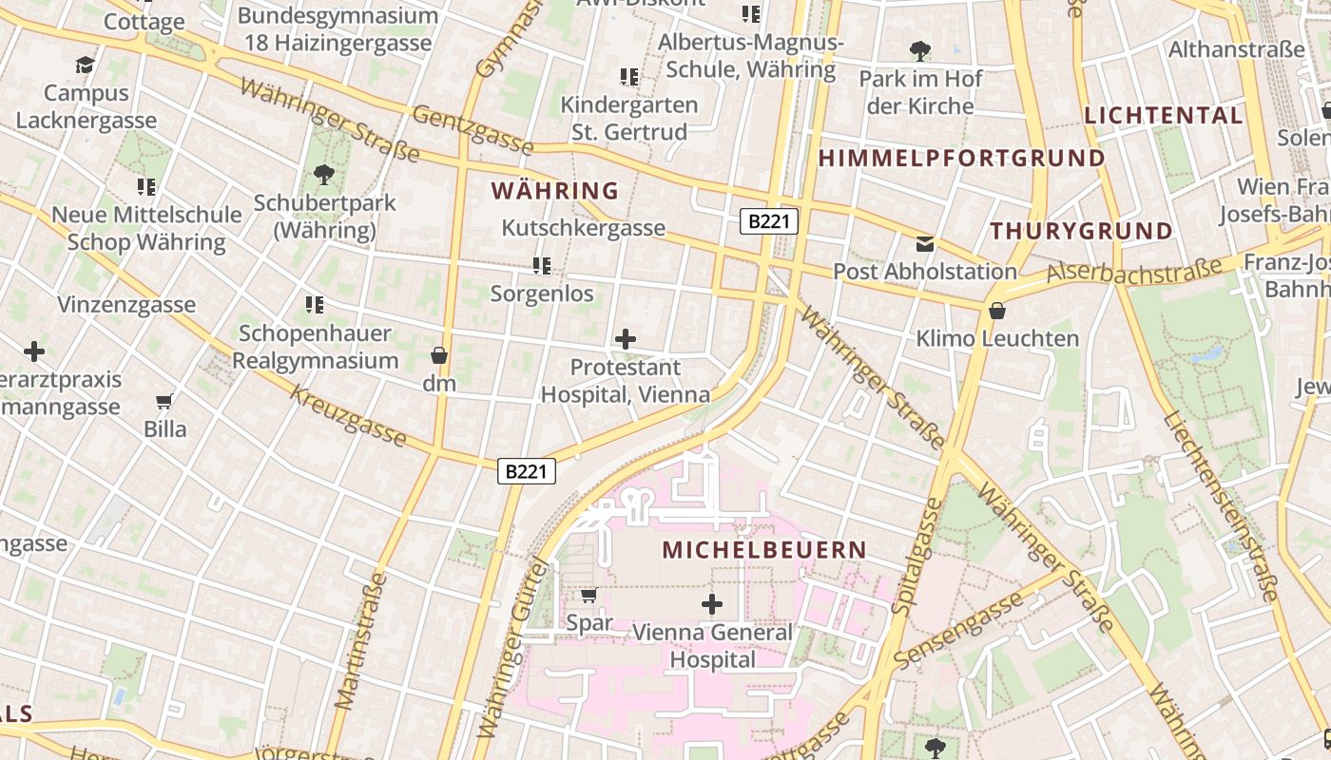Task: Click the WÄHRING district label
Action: pos(555,191)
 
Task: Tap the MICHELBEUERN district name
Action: pos(764,550)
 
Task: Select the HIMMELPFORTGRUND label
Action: pos(962,159)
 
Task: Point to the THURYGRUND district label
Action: pos(1081,231)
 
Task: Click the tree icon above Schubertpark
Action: pos(324,175)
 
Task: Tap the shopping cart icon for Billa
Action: pos(164,401)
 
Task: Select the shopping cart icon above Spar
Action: pos(588,596)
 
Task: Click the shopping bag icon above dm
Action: pos(439,355)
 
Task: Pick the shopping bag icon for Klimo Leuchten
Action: pos(996,311)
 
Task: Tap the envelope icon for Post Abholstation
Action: pos(924,244)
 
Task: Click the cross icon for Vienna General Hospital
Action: pos(711,604)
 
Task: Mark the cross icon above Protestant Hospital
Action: pos(626,339)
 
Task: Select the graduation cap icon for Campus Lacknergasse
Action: pos(86,66)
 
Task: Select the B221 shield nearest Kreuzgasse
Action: pos(526,470)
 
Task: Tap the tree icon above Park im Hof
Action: pos(919,51)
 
